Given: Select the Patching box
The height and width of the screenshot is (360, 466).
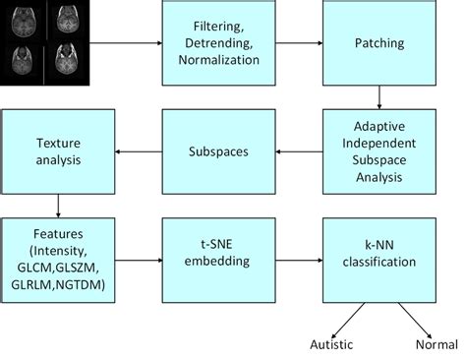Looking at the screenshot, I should (379, 43).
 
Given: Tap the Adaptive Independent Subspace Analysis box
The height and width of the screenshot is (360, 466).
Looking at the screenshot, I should (379, 151).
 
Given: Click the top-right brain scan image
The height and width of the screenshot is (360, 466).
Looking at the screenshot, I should (67, 20).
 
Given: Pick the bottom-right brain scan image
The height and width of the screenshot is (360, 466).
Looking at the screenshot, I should (67, 61).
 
